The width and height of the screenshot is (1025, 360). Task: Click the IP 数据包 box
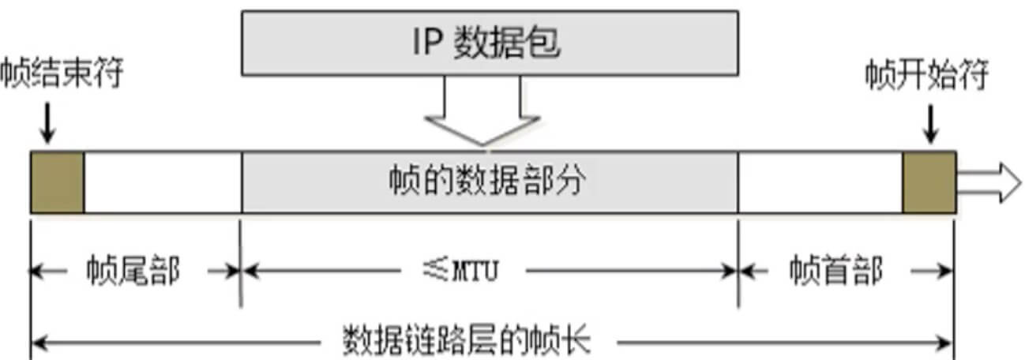point(490,43)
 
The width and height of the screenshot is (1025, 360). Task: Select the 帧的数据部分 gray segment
point(490,182)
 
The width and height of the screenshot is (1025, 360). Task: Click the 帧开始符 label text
point(926,76)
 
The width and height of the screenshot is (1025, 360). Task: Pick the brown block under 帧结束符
point(58,182)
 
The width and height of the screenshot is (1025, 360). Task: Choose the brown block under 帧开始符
point(929,182)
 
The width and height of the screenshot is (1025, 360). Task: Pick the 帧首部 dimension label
point(835,271)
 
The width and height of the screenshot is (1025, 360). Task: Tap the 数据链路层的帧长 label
point(466,342)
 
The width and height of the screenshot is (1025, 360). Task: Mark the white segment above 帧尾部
point(162,182)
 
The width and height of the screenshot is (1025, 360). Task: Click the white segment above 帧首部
point(820,182)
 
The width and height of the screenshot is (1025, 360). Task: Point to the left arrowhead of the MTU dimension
point(250,271)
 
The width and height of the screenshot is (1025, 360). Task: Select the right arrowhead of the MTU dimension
point(730,271)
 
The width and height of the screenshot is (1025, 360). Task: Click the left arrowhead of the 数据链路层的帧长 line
point(38,343)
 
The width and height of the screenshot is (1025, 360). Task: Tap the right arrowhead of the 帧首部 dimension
point(946,271)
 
